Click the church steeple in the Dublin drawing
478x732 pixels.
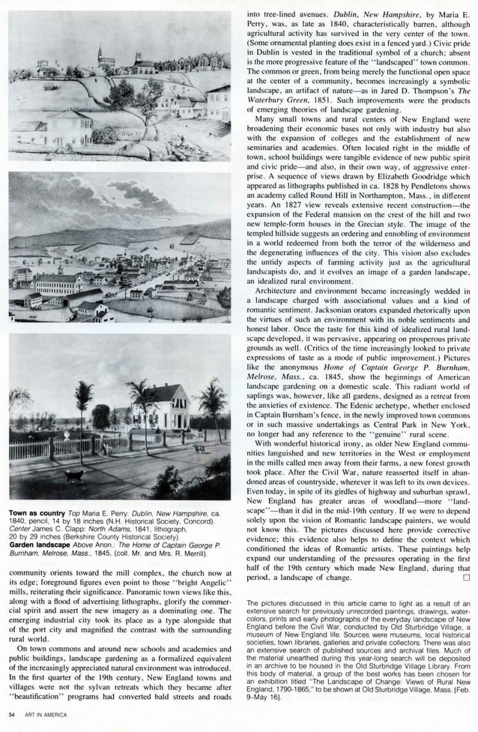pos(100,52)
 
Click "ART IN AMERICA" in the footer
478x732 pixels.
pos(46,715)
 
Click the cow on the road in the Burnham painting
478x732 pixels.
pos(199,448)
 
